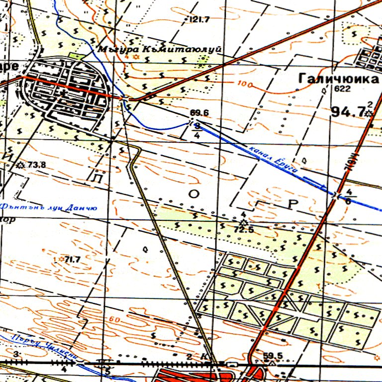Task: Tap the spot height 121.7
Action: click(x=200, y=19)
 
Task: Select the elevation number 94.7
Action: click(x=347, y=112)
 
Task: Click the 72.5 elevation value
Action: click(x=244, y=229)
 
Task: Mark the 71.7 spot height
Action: click(x=73, y=259)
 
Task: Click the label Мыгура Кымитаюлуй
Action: click(x=159, y=49)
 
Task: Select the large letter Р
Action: click(x=292, y=203)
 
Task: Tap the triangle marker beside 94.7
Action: click(x=369, y=113)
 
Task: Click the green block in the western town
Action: click(x=75, y=56)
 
